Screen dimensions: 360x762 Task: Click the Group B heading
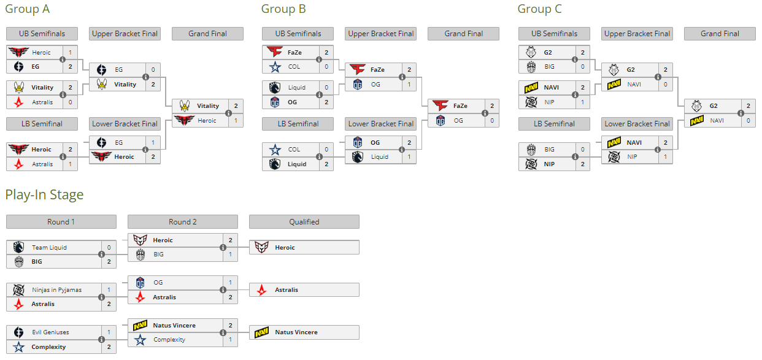click(283, 9)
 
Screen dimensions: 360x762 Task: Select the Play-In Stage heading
click(44, 195)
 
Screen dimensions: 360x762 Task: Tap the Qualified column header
click(304, 222)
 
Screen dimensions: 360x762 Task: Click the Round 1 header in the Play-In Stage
click(61, 222)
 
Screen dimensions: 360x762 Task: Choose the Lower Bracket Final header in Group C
click(637, 124)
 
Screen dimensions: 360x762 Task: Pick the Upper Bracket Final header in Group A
click(125, 34)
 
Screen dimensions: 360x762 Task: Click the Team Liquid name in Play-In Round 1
click(50, 248)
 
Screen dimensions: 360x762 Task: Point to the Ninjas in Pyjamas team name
click(56, 290)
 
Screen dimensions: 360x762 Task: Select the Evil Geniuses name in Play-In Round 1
click(50, 332)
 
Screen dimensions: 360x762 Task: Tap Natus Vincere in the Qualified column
click(296, 332)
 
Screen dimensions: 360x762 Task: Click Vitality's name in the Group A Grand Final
click(208, 106)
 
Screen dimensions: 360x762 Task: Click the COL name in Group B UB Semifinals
click(294, 67)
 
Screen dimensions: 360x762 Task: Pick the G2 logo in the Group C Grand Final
click(696, 106)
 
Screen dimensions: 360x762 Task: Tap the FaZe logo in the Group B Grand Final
click(440, 106)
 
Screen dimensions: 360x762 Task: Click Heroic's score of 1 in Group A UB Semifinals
click(71, 53)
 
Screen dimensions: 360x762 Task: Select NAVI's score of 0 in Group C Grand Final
click(748, 121)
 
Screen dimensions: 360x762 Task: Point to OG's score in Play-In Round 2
click(231, 283)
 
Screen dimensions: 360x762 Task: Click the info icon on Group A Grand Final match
click(228, 113)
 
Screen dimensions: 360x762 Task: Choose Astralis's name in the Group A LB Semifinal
click(43, 164)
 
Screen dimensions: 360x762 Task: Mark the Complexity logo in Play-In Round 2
click(140, 340)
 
